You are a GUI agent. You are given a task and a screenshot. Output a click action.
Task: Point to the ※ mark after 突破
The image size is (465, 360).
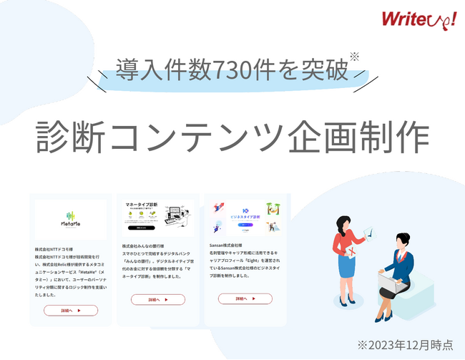coord(354,57)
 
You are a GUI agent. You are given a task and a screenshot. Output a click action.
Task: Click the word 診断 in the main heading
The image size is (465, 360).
coord(71,135)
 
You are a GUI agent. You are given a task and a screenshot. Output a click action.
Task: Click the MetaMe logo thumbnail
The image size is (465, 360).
coord(70,219)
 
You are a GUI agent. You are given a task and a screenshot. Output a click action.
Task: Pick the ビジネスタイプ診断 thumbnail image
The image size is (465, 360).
coord(245,218)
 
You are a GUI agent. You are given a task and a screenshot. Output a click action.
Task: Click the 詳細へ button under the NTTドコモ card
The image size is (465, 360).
coord(70,311)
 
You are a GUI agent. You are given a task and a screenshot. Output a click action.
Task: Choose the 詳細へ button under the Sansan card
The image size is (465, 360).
coord(245,298)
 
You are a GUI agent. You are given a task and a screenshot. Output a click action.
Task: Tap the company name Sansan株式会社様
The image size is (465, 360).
coord(232,244)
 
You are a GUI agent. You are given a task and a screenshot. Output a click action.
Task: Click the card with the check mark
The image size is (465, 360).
coord(368,232)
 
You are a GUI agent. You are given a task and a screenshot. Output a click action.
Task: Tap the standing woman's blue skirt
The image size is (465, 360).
coord(347,263)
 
